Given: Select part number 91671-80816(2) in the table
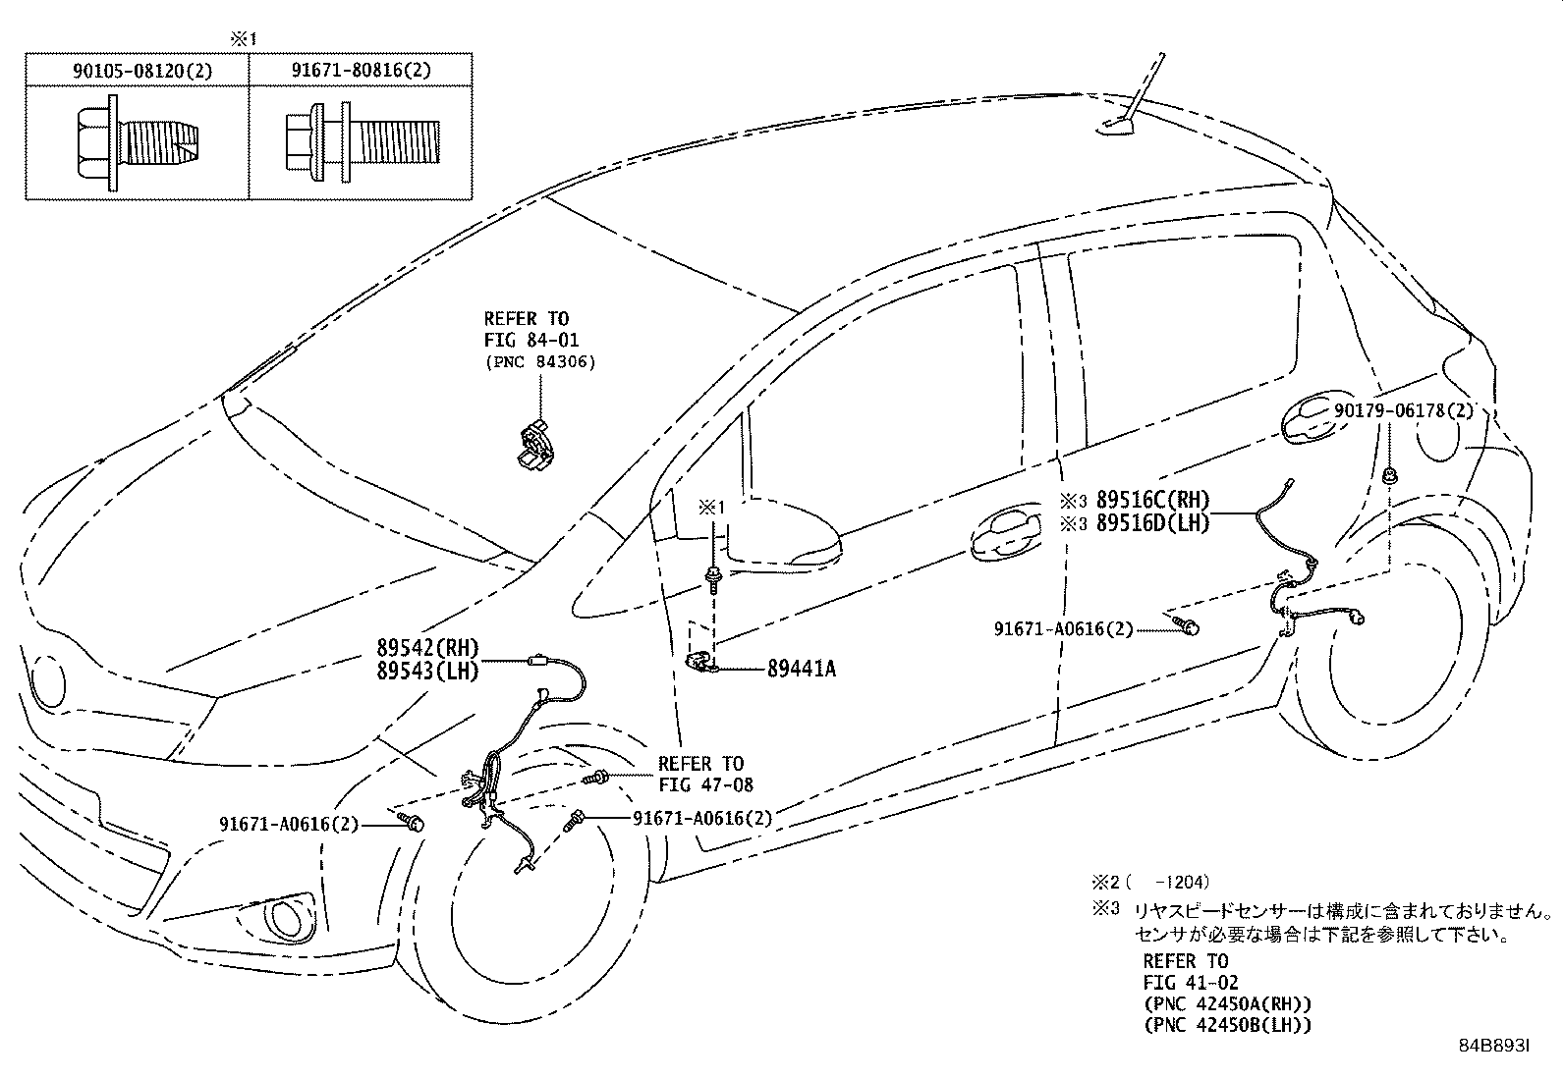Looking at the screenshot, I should (361, 71).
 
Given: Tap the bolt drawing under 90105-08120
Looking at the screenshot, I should (138, 143).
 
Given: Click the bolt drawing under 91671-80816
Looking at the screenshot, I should (361, 143).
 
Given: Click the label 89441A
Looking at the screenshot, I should (802, 669).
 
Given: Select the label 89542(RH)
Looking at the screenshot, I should (426, 648).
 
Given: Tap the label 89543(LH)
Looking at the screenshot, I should (426, 670).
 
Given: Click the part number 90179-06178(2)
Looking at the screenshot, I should (1404, 411).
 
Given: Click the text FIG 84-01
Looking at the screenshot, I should (531, 341).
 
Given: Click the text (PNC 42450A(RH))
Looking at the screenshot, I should (1227, 1003).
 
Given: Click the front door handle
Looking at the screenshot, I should (1004, 535).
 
